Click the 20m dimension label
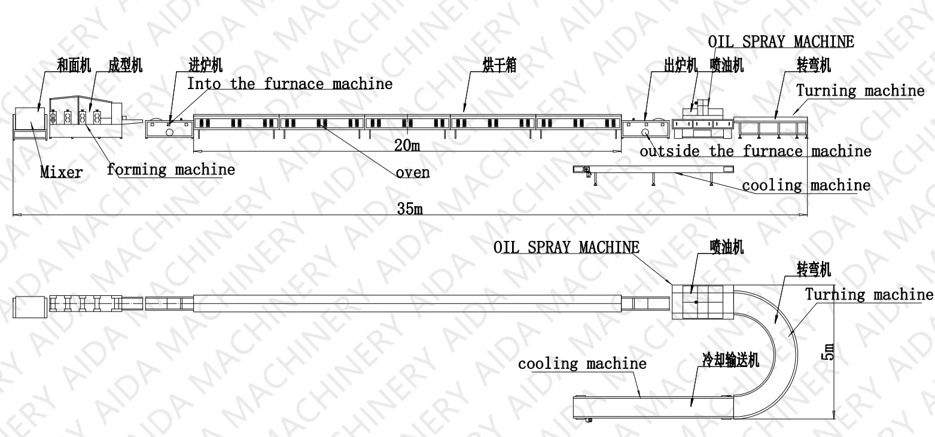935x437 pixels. point(406,145)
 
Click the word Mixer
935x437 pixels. point(61,173)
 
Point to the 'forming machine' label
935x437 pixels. point(171,170)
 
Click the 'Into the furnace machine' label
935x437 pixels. point(290,84)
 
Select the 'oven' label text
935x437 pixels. point(413,173)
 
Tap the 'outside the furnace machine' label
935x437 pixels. point(755,151)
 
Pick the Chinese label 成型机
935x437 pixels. point(126,65)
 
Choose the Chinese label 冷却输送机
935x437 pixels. point(730,359)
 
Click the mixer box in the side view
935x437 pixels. point(29,124)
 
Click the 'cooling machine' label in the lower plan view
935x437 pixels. point(582,363)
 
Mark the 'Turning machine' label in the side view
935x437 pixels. point(860,91)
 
